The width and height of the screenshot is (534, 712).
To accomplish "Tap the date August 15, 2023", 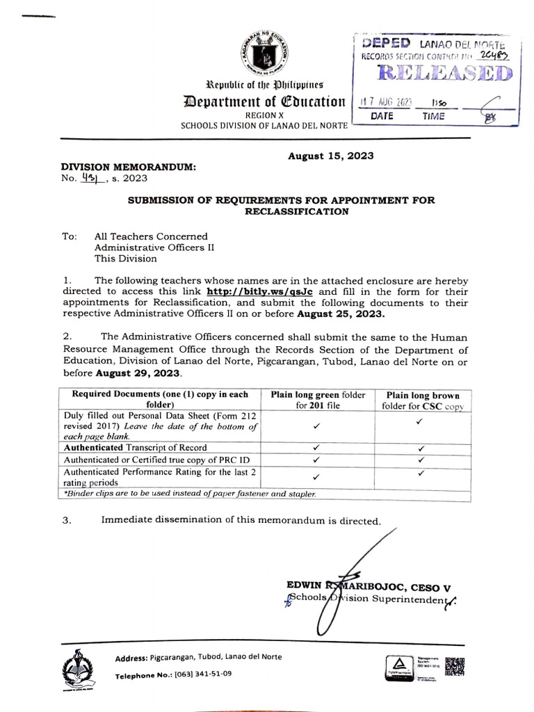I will point(330,156).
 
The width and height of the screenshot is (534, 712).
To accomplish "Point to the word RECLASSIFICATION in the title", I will point(296,211).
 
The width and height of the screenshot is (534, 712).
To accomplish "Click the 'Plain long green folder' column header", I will point(318,399).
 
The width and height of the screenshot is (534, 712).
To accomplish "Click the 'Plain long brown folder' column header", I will point(423,400).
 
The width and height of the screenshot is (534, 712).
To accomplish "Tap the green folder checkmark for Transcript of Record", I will point(316,448).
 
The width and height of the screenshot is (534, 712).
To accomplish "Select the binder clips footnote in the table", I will point(189,494).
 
